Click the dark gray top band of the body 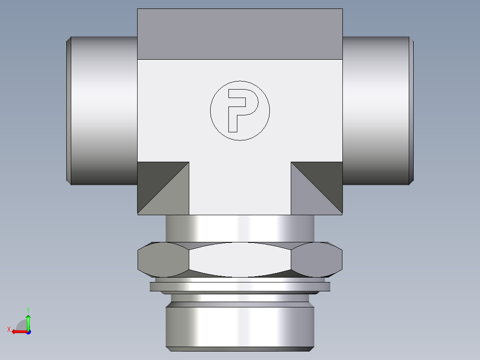click(x=240, y=34)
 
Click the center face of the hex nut click(x=240, y=259)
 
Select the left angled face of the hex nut click(x=163, y=259)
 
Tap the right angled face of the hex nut click(x=317, y=259)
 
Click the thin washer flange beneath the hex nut click(x=240, y=286)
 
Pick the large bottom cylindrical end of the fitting click(x=240, y=325)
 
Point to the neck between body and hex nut click(x=240, y=228)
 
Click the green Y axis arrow click(x=28, y=320)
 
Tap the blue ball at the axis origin click(x=28, y=331)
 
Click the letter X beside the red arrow click(x=8, y=329)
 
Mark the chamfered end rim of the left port click(x=69, y=110)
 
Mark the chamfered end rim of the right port click(x=411, y=110)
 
